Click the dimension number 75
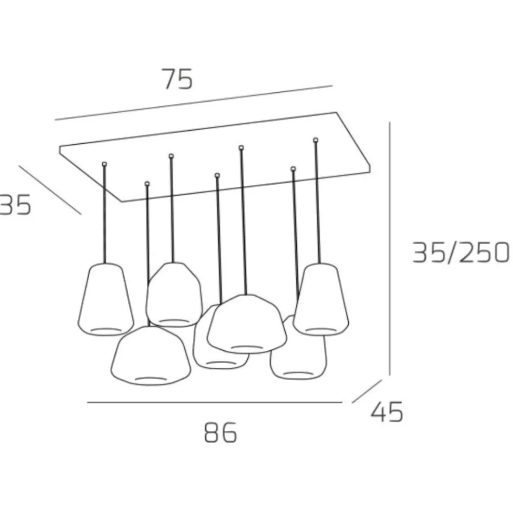[178, 79]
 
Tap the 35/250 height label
[461, 252]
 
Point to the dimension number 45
[387, 411]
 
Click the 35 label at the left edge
[15, 204]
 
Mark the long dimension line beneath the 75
[194, 103]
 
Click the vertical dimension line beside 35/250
[390, 249]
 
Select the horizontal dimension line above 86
[214, 402]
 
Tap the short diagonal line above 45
[367, 391]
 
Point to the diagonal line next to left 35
[50, 190]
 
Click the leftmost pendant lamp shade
[106, 299]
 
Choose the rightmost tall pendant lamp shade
[321, 299]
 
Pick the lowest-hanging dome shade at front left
[150, 356]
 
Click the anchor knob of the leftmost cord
[104, 164]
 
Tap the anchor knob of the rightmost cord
[315, 140]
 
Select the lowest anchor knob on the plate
[147, 184]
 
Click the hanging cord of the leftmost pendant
[105, 214]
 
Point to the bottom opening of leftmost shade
[106, 329]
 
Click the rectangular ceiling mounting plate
[214, 157]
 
